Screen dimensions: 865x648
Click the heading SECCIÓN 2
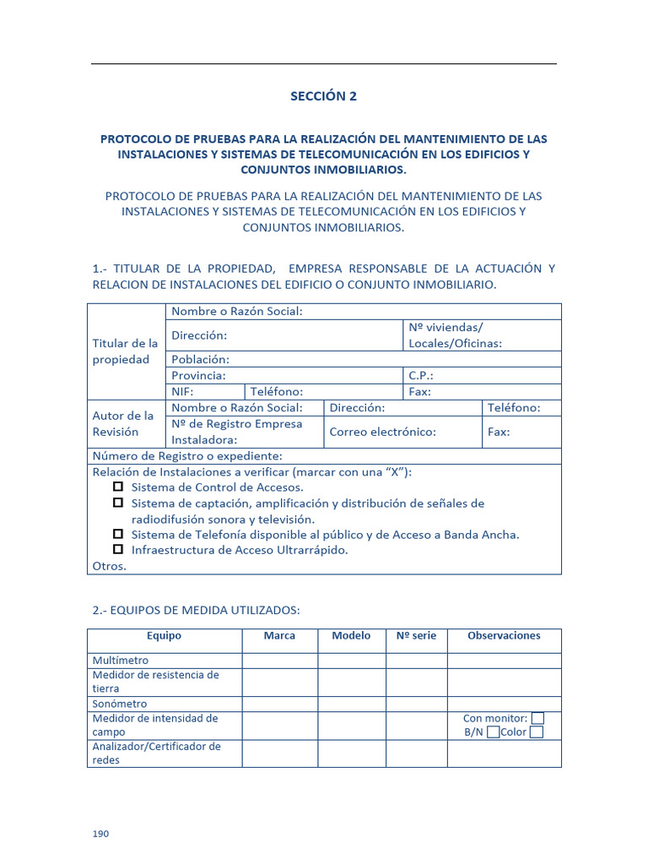point(323,96)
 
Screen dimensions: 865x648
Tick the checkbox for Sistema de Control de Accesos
point(118,487)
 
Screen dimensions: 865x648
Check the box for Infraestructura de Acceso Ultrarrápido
point(118,549)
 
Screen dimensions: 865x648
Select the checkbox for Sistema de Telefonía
point(118,534)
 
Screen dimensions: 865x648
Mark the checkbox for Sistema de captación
point(118,503)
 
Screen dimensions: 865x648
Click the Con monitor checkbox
point(537,718)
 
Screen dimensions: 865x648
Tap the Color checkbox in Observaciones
point(536,732)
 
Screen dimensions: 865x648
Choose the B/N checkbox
point(493,732)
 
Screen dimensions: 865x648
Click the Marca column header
point(279,636)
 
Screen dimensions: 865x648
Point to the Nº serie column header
point(416,636)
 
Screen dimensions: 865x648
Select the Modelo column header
point(351,636)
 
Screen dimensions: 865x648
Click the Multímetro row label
point(120,661)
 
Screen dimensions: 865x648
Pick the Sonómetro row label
point(119,704)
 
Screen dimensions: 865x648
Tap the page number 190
point(100,834)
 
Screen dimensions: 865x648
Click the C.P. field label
point(421,375)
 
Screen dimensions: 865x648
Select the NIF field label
point(182,392)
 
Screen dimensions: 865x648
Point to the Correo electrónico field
point(382,432)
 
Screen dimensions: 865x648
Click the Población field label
point(200,359)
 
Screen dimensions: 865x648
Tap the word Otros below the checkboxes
point(109,566)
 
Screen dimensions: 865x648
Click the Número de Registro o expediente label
point(186,456)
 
